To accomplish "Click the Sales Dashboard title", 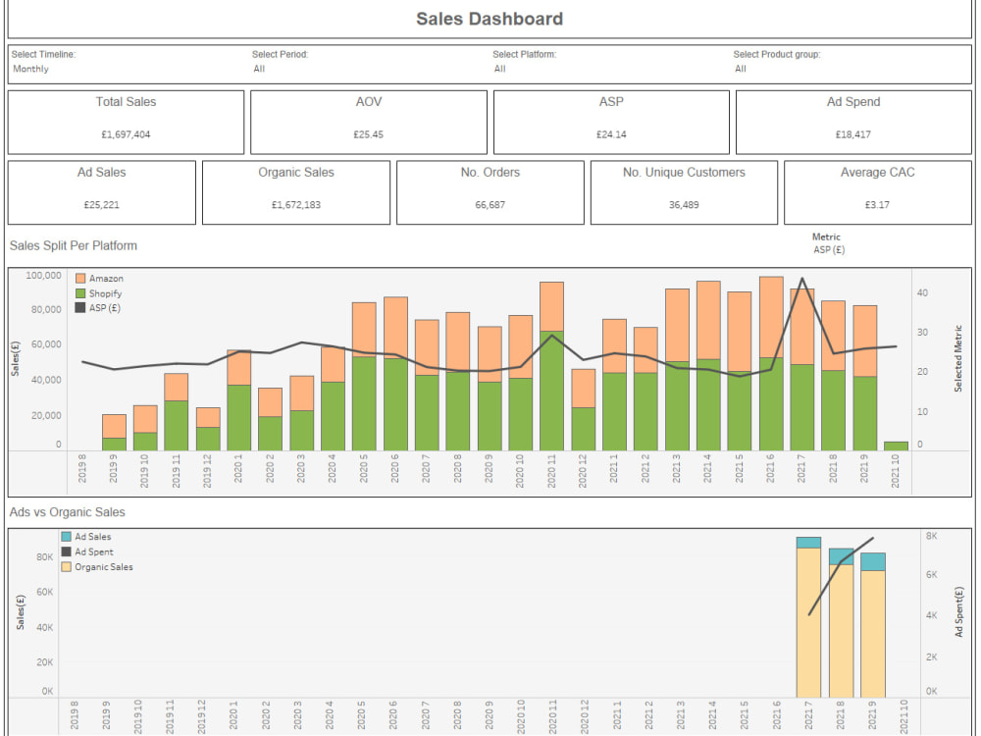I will (490, 19).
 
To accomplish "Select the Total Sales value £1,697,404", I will (126, 134).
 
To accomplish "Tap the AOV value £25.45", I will (369, 134).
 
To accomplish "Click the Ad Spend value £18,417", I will (852, 134).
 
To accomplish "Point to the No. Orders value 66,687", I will (490, 205).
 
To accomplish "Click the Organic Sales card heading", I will (296, 173).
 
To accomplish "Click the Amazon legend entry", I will (106, 279).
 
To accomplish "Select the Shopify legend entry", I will (105, 293).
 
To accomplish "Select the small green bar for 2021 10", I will (896, 446).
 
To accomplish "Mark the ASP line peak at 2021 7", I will (802, 279).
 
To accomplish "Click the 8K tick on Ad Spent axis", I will (931, 536).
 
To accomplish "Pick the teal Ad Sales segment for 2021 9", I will (873, 561).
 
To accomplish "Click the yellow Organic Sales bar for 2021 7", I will (808, 623).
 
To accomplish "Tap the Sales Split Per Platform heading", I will (74, 245).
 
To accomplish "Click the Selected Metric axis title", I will (958, 359).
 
